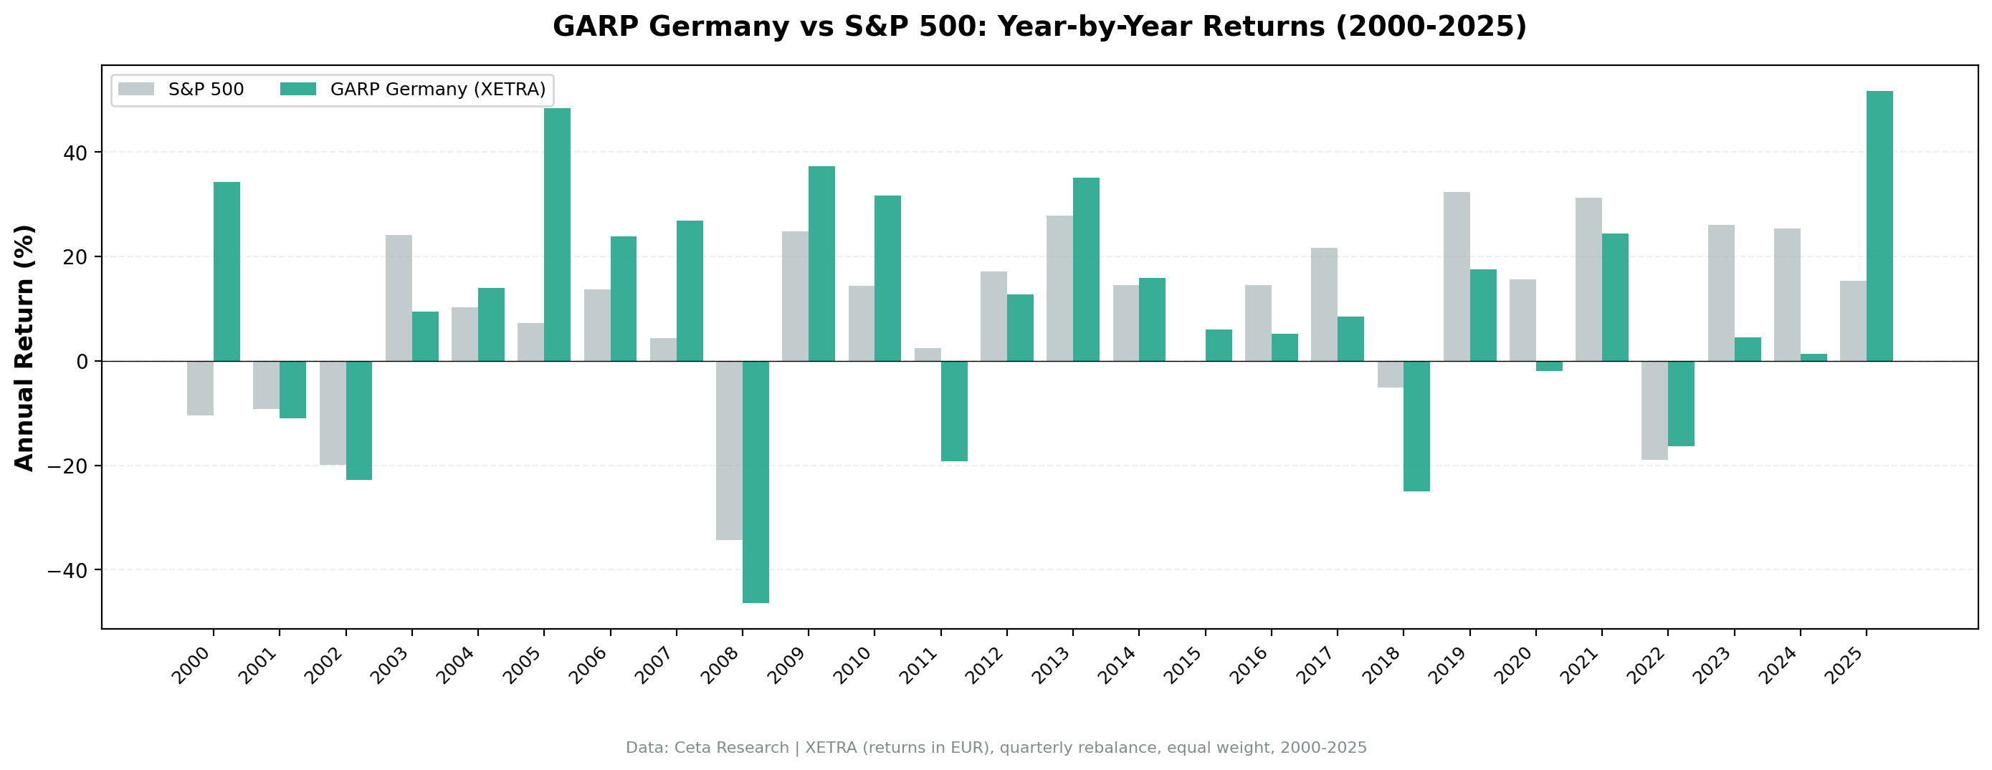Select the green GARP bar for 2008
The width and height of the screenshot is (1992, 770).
[756, 481]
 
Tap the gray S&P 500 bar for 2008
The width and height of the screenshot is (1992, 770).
[728, 450]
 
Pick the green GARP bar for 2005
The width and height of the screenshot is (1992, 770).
[557, 234]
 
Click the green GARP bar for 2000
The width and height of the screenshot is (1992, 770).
[227, 271]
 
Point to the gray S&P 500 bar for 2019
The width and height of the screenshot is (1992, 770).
[1456, 276]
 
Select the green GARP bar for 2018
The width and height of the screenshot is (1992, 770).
[1416, 426]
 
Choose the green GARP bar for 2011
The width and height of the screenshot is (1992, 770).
[953, 410]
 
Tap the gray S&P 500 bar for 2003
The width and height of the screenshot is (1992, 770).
[399, 298]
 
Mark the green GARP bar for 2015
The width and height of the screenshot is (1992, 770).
[1218, 345]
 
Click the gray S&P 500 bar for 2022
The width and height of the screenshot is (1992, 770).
[1654, 410]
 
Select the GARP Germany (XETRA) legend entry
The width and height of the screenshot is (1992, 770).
[414, 90]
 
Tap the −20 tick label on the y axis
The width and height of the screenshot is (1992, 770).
[67, 466]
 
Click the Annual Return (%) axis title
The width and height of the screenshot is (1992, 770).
[25, 347]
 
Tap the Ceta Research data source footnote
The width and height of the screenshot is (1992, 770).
[996, 748]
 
